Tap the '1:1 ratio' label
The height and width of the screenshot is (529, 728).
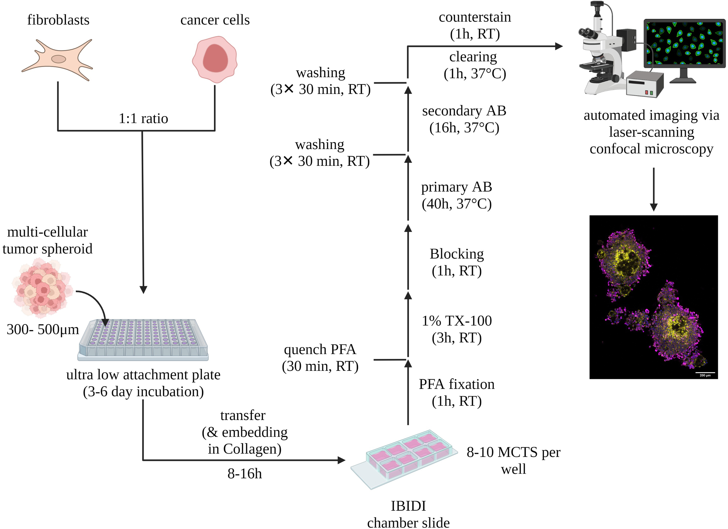coord(143,118)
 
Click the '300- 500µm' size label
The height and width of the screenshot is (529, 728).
coord(42,329)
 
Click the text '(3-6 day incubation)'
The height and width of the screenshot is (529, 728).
coord(143,391)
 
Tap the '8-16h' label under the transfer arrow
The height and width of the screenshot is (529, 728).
coord(245,474)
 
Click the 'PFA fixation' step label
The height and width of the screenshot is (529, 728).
coord(456,384)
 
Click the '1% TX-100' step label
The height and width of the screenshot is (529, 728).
coord(456,321)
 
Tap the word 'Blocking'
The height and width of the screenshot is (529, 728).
coord(456,254)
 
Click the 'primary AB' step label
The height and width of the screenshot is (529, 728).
coord(456,187)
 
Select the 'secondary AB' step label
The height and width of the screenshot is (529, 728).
coord(464,111)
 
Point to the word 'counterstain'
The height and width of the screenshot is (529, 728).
coord(474,17)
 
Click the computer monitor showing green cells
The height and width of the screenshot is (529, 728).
coord(684,43)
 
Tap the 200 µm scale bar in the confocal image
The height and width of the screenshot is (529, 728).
coord(705,373)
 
